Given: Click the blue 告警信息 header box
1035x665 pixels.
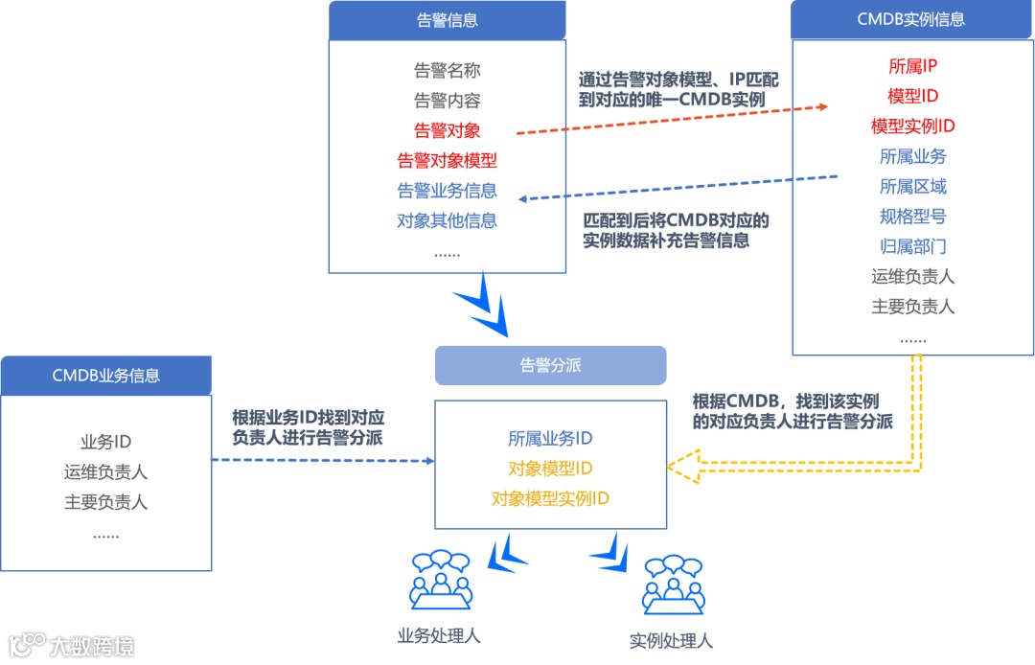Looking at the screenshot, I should [447, 20].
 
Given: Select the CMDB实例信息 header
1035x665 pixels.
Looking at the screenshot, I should [910, 19].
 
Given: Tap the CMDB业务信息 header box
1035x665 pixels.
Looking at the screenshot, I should [105, 376].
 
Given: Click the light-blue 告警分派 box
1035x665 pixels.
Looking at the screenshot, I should [550, 365].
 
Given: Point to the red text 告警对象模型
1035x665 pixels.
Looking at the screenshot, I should [447, 160].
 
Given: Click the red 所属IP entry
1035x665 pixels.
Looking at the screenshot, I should [912, 66].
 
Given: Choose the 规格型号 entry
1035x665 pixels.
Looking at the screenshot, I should [912, 217].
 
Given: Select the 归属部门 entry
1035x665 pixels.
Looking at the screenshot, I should [912, 246].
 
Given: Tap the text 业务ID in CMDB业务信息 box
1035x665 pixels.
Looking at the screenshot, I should [105, 442].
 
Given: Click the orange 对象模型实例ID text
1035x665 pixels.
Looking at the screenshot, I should [550, 498].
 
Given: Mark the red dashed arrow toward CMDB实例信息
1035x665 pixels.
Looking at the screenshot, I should [671, 120].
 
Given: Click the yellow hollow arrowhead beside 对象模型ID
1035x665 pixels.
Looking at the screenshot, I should [682, 468].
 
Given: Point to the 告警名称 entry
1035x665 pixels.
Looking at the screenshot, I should [447, 70].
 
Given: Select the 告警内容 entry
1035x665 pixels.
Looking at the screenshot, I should [447, 101].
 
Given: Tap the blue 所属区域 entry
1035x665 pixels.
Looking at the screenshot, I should [912, 186].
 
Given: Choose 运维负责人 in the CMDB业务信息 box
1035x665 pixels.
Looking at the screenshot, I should [105, 472].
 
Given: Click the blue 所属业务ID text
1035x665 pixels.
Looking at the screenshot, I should [550, 439].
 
